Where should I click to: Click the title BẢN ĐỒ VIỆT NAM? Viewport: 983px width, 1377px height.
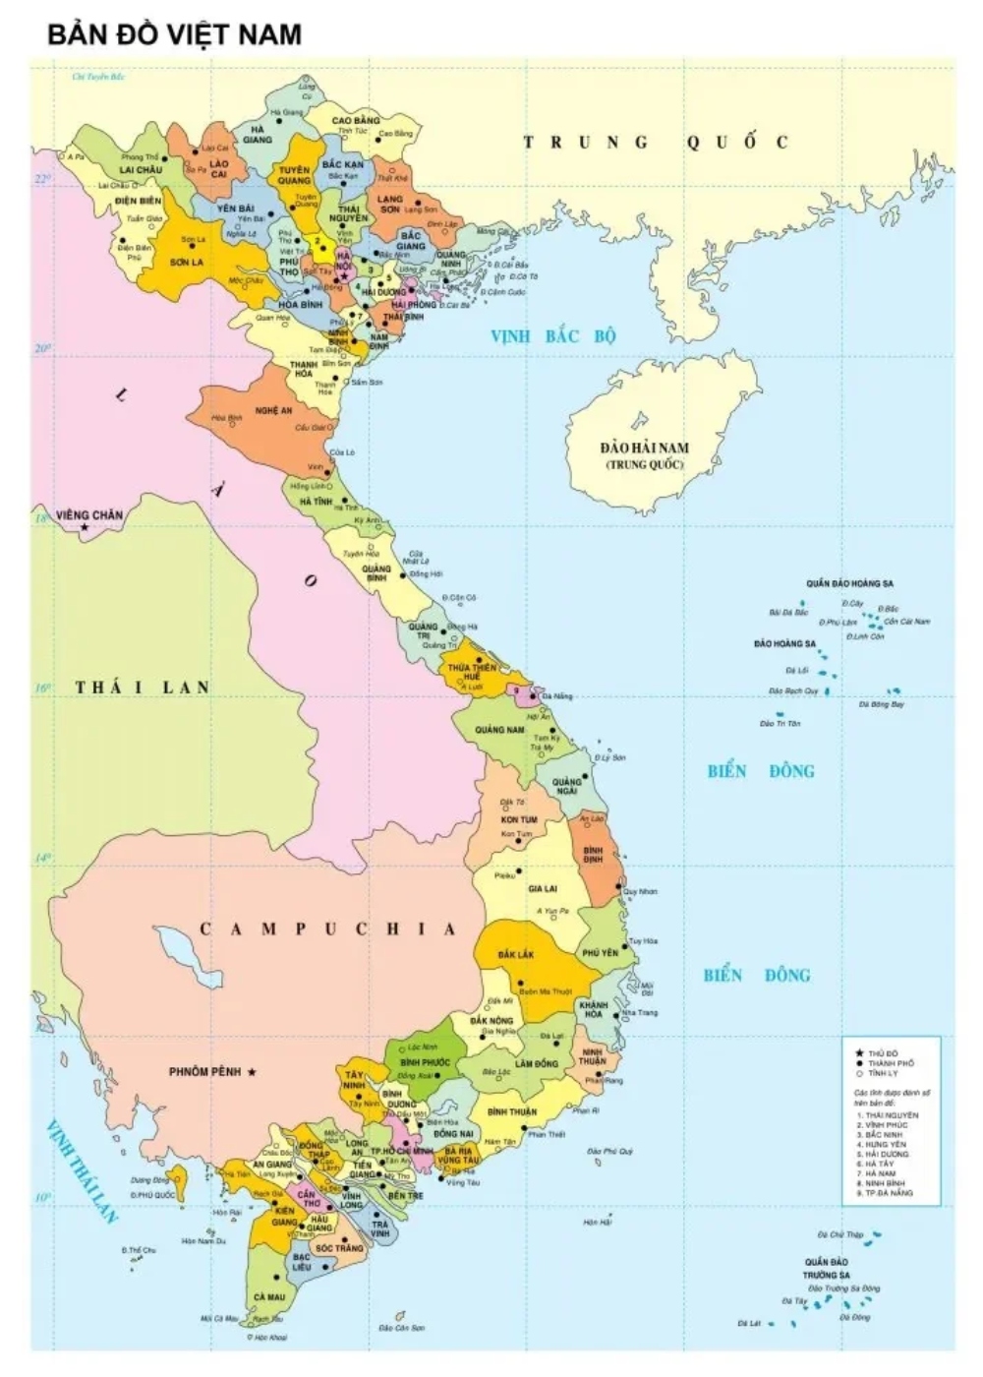coord(174,34)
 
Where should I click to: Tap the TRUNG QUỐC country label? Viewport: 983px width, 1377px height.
coord(655,143)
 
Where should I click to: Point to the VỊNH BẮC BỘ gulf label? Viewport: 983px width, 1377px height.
coord(552,336)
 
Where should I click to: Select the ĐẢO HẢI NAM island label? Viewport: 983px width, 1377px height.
coord(644,454)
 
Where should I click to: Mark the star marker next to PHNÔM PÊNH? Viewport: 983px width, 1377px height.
coord(253,1071)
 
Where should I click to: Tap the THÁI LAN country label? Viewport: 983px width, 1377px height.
coord(143,688)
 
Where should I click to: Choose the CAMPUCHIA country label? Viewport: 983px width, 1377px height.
coord(328,929)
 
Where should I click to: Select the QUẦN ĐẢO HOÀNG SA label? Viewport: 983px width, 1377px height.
coord(849,583)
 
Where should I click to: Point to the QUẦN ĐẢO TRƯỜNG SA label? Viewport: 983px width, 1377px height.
coord(826,1268)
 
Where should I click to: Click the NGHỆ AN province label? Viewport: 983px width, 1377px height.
coord(273,410)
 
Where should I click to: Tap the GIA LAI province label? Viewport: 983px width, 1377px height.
coord(542,888)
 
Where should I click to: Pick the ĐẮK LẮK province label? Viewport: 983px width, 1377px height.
coord(515,955)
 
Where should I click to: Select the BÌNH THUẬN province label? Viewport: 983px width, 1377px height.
coord(511,1111)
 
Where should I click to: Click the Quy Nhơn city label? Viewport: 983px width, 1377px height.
coord(640,891)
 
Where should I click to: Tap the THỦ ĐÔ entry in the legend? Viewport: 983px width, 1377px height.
coord(883,1053)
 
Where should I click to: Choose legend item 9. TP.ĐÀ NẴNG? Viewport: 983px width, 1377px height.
coord(885,1193)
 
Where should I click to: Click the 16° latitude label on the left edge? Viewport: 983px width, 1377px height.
coord(42,688)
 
